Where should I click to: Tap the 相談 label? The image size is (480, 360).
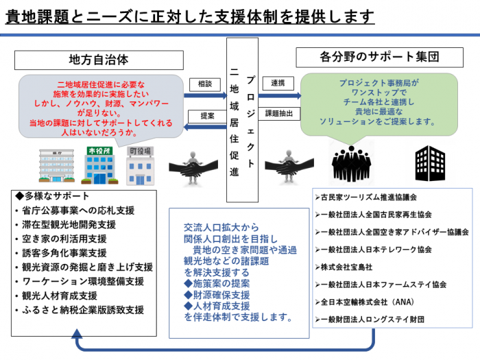[x=205, y=84]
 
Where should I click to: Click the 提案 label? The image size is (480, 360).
[x=206, y=116]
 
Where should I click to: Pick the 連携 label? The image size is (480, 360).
[x=278, y=84]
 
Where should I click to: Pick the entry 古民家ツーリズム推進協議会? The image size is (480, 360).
[x=370, y=197]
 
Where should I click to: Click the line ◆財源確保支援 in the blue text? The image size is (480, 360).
[x=217, y=295]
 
